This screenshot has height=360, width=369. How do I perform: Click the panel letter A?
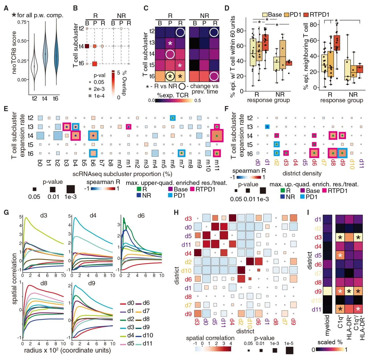6,8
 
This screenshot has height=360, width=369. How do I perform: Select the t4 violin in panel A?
45,55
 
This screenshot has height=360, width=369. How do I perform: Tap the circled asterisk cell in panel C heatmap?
170,76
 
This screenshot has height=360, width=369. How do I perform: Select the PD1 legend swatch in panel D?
287,14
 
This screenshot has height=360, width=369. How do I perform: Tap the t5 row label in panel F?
250,145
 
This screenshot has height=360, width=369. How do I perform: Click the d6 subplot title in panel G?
141,215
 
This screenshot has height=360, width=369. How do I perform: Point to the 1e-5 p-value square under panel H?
289,350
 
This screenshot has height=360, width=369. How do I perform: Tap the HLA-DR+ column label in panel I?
349,334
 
